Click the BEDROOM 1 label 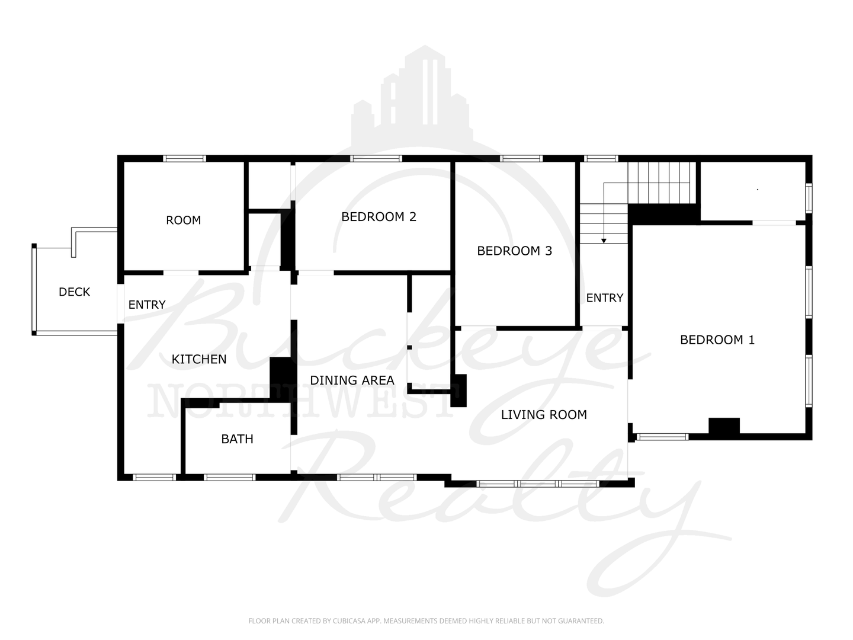coord(717,340)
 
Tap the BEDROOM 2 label coord(379,217)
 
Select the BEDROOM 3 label coord(515,251)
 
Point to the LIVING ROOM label coord(544,415)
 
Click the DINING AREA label coord(352,380)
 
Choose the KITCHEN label coord(199,360)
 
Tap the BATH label coord(237,439)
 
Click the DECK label coord(74,292)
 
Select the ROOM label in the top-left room coord(184,220)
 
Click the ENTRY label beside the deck coord(147,305)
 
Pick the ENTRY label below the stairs coord(605,298)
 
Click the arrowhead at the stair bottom coord(604,241)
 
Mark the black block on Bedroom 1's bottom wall coord(724,426)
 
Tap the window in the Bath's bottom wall coord(230,478)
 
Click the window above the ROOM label coord(184,159)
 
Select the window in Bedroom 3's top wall coord(521,159)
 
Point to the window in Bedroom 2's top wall coord(376,159)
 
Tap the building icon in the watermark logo coord(412,95)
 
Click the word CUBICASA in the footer coord(348,621)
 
